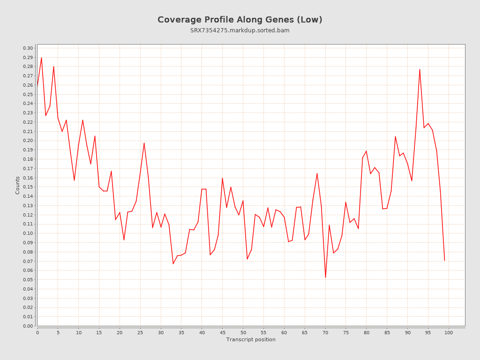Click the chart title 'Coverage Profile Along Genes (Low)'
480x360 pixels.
240,20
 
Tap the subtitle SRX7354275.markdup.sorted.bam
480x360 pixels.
240,30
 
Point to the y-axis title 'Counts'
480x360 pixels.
18,185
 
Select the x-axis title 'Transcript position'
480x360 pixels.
251,339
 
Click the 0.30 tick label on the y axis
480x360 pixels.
28,48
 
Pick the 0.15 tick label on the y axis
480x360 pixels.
28,187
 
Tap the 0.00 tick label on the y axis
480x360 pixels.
28,326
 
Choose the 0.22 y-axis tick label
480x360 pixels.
28,122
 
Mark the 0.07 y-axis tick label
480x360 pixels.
28,261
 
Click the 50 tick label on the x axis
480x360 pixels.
243,332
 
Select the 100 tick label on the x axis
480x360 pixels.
449,332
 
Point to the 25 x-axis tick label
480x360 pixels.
140,332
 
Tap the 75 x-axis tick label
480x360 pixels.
346,332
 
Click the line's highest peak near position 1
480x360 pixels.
41,58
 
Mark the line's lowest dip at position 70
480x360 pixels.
325,277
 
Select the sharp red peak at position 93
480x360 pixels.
420,69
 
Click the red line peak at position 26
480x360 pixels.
144,143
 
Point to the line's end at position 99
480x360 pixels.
444,260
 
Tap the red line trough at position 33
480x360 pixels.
173,263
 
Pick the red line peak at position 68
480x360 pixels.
317,173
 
